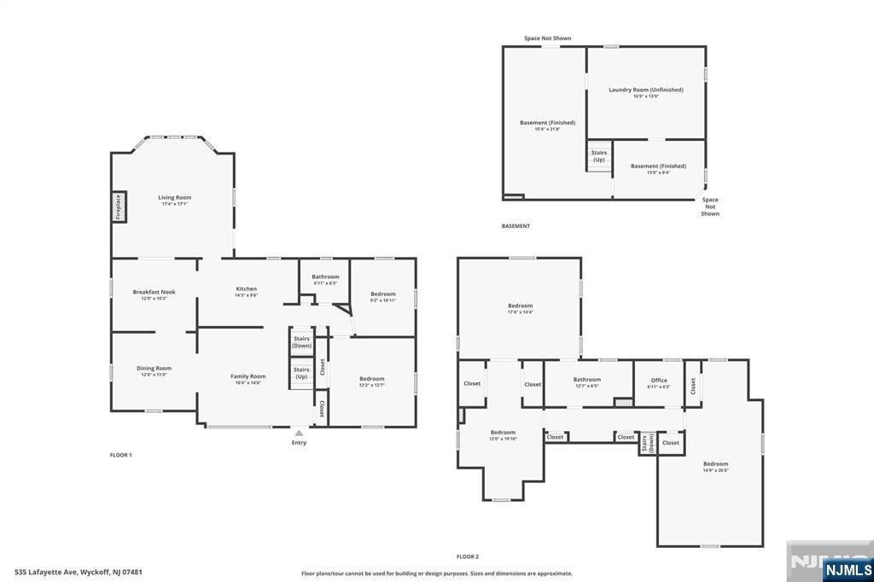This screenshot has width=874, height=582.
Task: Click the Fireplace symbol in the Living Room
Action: point(119,207)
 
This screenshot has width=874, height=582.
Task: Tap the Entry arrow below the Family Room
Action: point(299,434)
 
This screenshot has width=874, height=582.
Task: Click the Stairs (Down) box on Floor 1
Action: point(301,341)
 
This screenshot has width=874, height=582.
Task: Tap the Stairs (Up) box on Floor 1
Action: point(301,373)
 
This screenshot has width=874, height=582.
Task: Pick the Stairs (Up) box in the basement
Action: point(599,156)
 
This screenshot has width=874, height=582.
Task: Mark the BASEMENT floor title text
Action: point(516,226)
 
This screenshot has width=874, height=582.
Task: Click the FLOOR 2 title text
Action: point(467,556)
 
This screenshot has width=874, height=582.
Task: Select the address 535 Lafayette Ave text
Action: point(78,572)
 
